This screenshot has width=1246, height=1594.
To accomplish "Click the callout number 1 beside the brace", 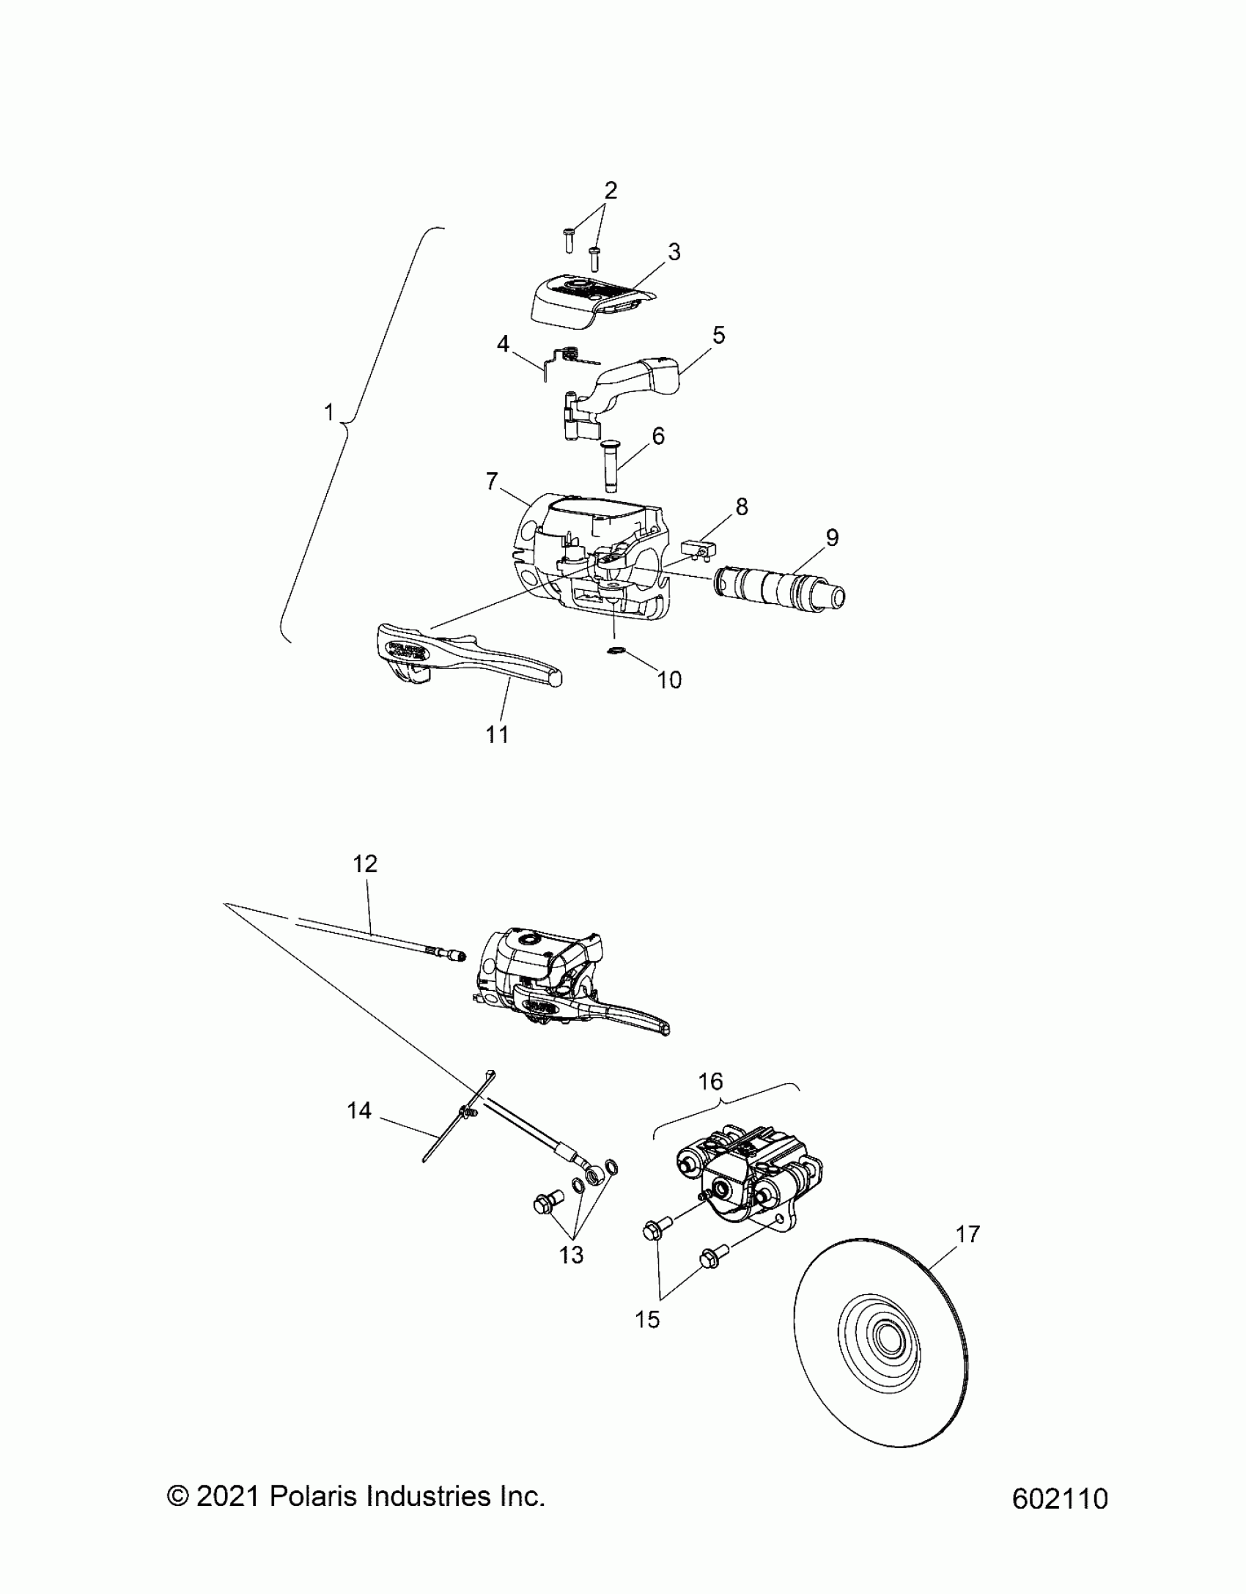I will point(329,413).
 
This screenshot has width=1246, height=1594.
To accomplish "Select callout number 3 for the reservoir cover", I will point(674,252).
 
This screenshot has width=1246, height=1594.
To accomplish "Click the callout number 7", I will point(492,481).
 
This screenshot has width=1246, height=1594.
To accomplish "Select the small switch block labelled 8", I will point(696,548).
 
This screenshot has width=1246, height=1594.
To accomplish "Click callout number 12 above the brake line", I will point(365,864).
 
